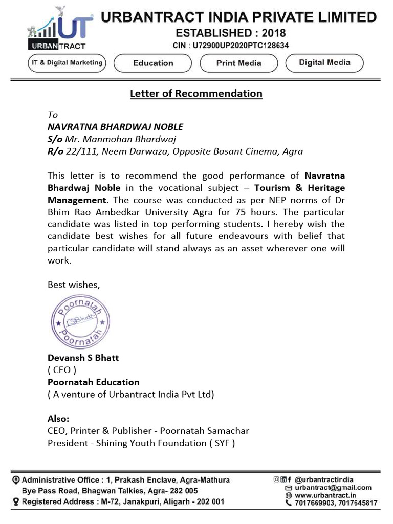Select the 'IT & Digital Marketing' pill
(x=65, y=63)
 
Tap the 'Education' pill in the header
(x=153, y=63)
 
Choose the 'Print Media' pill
(x=238, y=63)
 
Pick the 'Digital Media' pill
(x=324, y=63)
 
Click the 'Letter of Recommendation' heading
(x=196, y=93)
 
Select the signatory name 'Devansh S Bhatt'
(x=83, y=357)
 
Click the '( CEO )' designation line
(x=62, y=369)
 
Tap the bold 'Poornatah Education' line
(x=93, y=382)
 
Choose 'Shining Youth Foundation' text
(x=151, y=443)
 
